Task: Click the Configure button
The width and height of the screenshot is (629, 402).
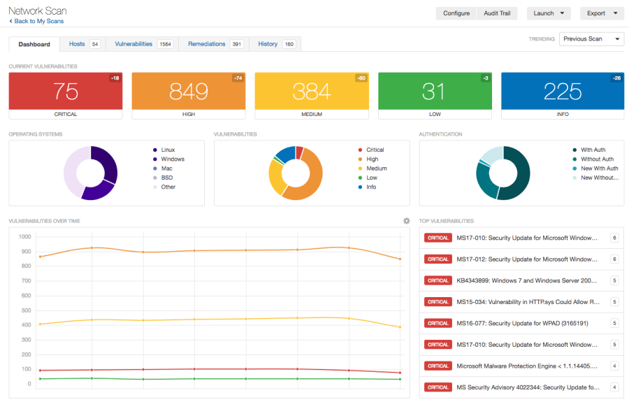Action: point(456,13)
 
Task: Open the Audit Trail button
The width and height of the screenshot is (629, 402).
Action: point(496,13)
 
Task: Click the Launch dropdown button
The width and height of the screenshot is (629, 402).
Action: point(548,13)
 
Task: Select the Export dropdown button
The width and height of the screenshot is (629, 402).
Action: point(600,13)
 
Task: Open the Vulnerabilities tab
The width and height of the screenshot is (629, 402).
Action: point(143,44)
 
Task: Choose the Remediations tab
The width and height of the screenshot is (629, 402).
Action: point(214,44)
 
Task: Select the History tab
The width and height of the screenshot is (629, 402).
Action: point(275,44)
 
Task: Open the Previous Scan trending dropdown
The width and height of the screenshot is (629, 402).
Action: point(591,39)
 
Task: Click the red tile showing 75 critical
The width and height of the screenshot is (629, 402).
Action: point(66,91)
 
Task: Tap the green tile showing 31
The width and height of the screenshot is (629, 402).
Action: point(434,91)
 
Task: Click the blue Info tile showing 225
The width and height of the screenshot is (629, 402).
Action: point(562,91)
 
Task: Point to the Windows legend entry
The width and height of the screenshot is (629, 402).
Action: point(172,159)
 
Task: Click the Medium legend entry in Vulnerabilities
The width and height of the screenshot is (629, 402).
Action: point(376,168)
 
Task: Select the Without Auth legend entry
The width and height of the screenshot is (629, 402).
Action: point(596,159)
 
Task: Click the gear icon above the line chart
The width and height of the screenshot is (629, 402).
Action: point(406,221)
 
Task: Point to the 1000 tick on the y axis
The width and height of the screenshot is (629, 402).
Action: point(24,237)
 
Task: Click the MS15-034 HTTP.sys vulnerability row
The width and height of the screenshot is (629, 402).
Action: point(521,302)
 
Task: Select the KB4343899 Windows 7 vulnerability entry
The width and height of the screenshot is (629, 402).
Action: point(521,280)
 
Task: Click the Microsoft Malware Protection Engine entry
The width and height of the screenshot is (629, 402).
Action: point(521,366)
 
